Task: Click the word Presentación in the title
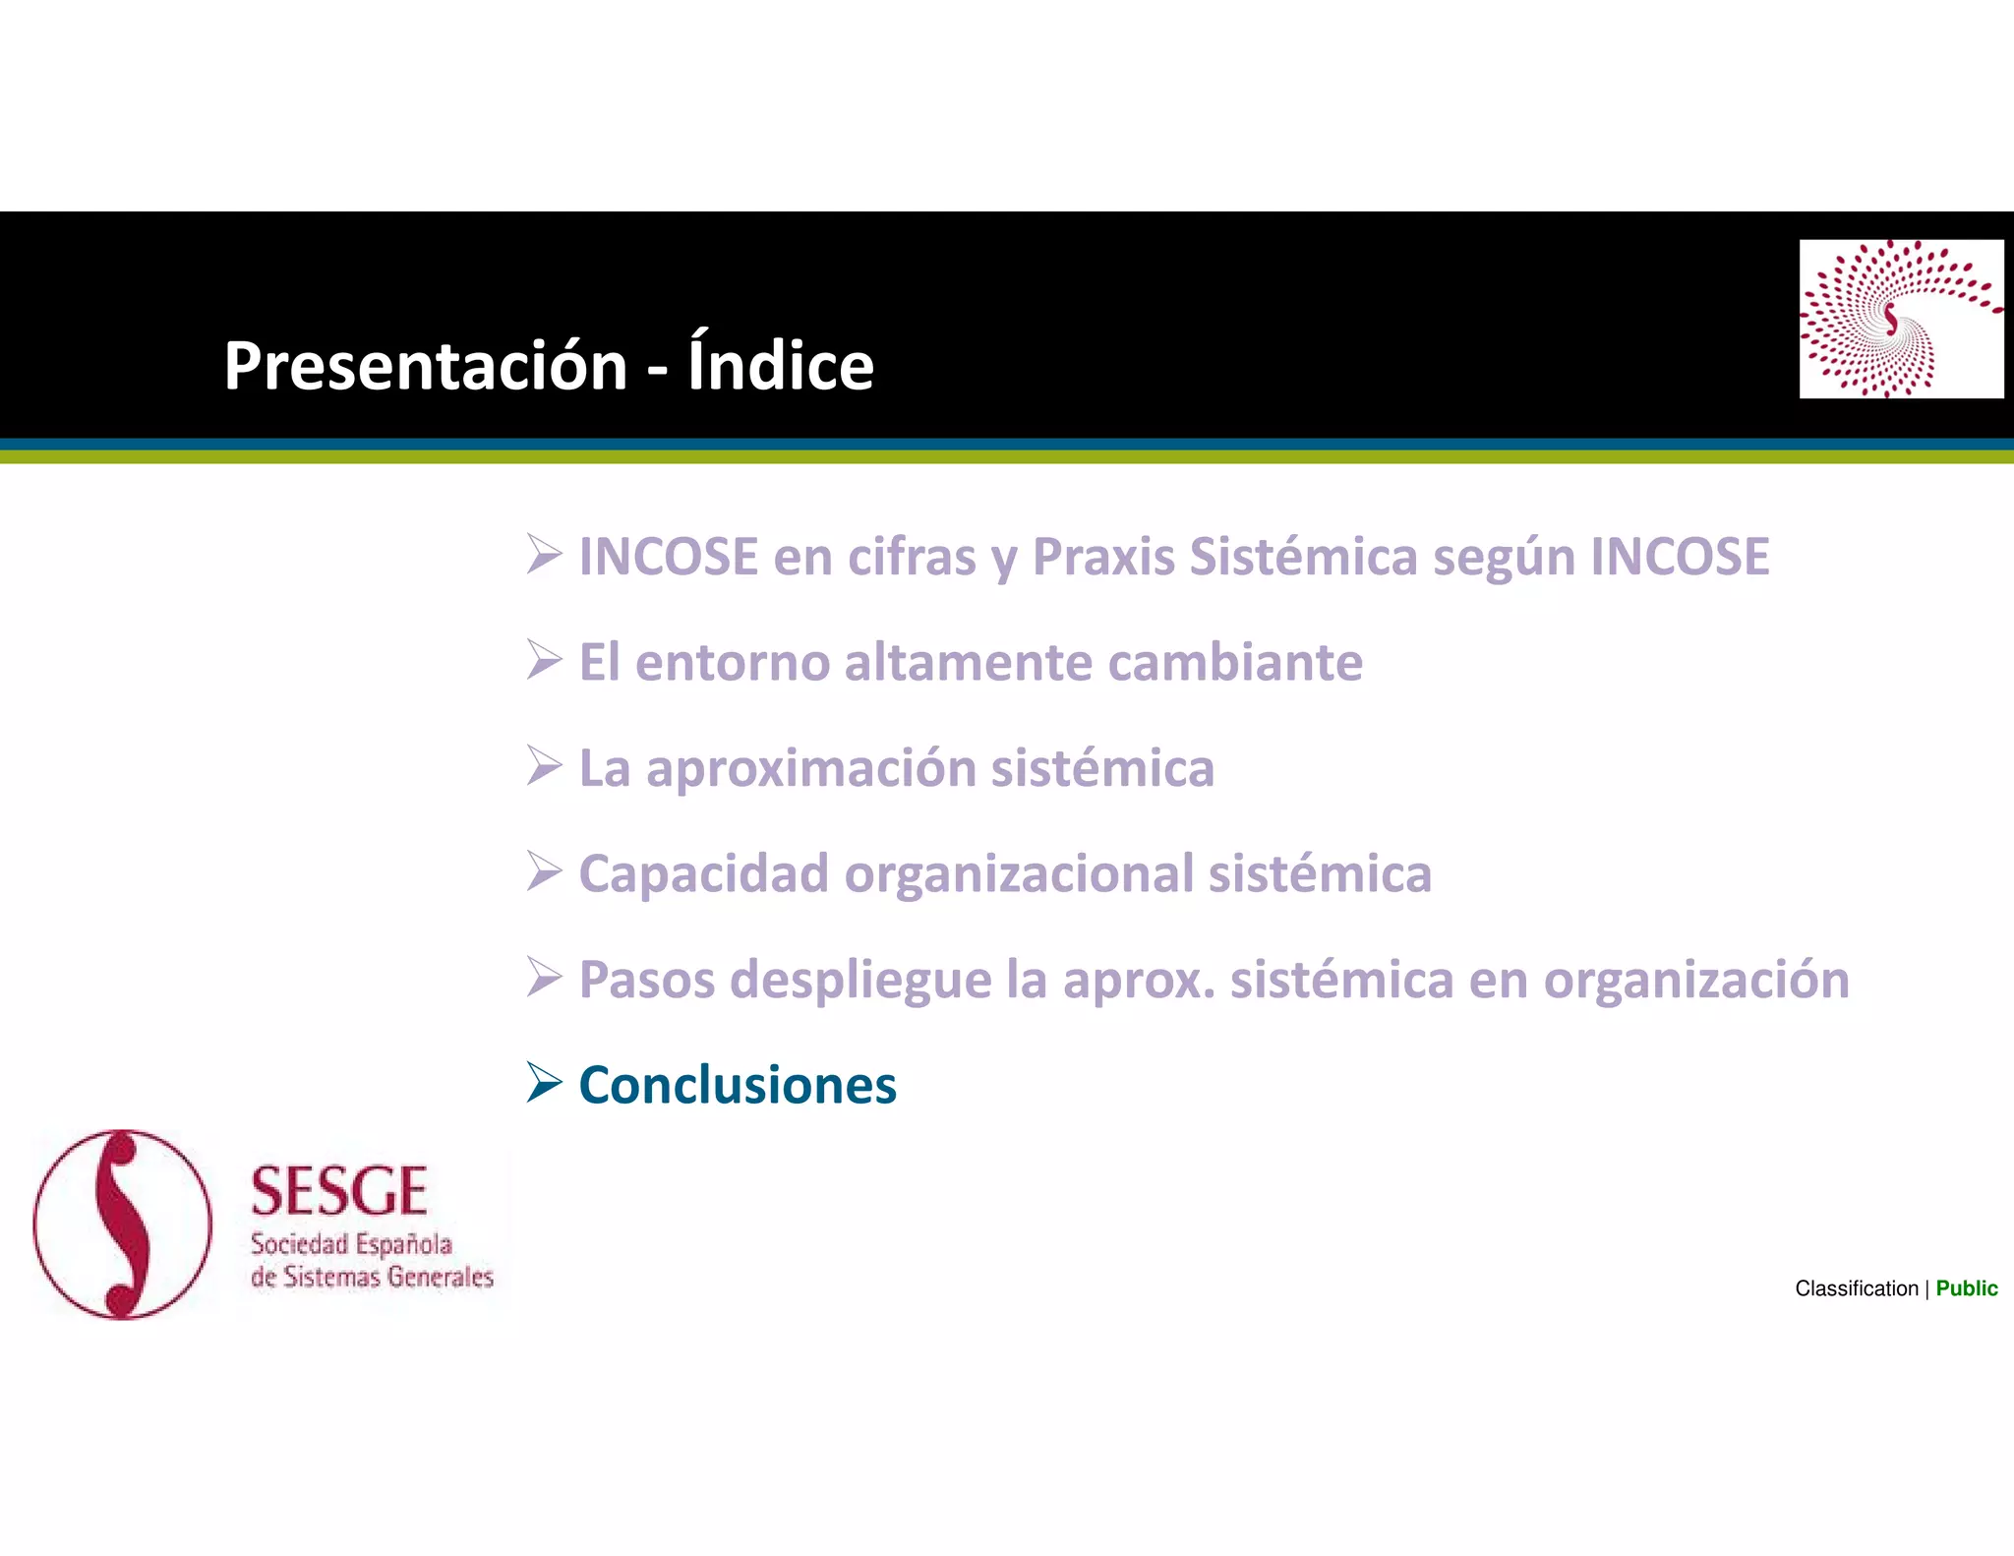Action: pyautogui.click(x=425, y=366)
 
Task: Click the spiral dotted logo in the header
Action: pyautogui.click(x=1900, y=319)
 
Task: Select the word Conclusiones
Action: pyautogui.click(x=738, y=1086)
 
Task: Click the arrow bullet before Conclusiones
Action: pyautogui.click(x=544, y=1082)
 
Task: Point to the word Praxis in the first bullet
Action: pyautogui.click(x=1103, y=557)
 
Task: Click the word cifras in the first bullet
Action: pyautogui.click(x=912, y=557)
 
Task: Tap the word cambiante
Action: pyautogui.click(x=1235, y=662)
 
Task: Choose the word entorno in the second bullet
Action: pyautogui.click(x=733, y=662)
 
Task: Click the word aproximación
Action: pyautogui.click(x=810, y=769)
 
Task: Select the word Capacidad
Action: pyautogui.click(x=703, y=873)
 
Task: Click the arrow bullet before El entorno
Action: pyautogui.click(x=544, y=659)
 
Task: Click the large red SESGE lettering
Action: pyautogui.click(x=339, y=1192)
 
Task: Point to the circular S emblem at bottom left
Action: pyautogui.click(x=123, y=1225)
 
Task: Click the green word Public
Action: pyautogui.click(x=1966, y=1288)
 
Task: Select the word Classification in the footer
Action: pyautogui.click(x=1856, y=1288)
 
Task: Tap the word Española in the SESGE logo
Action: pyautogui.click(x=404, y=1245)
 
